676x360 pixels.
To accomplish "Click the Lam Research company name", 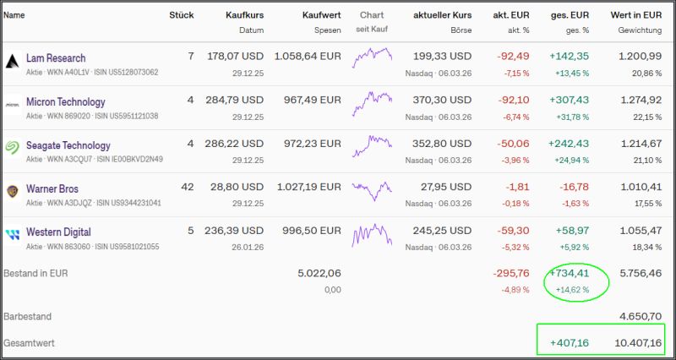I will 56,58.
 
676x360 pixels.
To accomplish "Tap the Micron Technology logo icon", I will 13,106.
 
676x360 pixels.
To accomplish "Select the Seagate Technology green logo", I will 13,145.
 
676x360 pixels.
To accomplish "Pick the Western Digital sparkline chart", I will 372,232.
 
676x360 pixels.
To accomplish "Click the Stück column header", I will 181,15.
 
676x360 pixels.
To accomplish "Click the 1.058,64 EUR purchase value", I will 309,57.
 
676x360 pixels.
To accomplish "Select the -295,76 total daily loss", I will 510,274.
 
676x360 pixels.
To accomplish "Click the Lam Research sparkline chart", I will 372,59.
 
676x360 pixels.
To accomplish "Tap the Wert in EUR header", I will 636,15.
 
